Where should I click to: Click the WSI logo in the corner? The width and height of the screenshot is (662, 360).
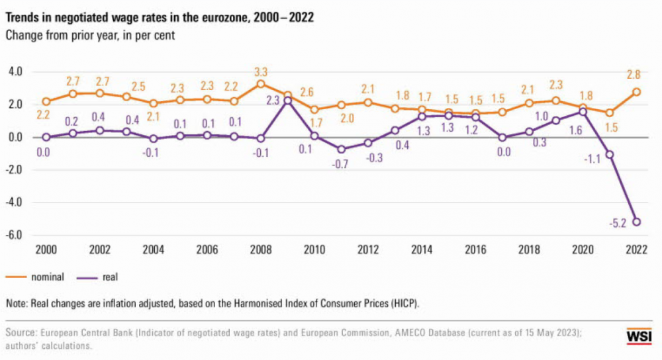639,336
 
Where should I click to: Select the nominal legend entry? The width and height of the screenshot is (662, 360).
44,276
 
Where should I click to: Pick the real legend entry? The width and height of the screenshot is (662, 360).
110,276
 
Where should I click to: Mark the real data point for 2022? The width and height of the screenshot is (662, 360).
637,222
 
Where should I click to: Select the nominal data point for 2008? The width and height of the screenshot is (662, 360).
261,84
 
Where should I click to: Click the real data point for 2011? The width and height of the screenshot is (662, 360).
342,149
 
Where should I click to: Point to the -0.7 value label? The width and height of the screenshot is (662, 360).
342,163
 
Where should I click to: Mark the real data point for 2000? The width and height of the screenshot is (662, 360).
46,137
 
